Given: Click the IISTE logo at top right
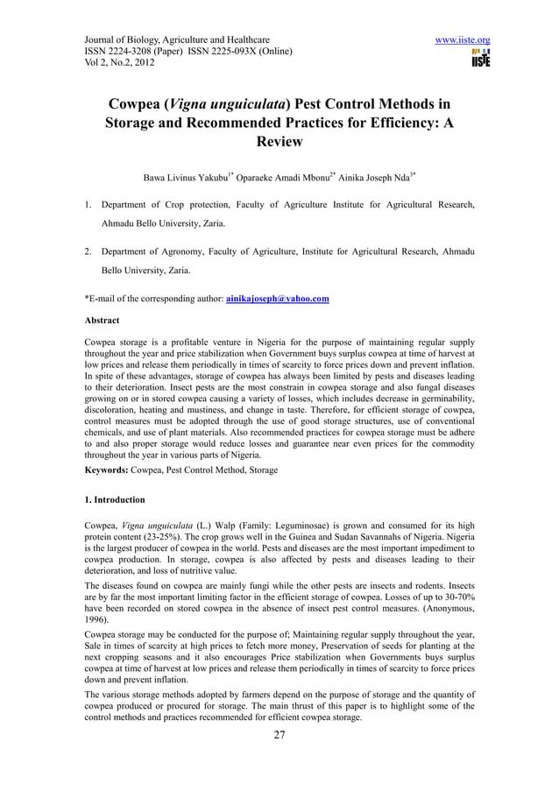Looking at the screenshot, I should pyautogui.click(x=480, y=59).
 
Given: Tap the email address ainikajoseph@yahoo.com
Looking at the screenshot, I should pyautogui.click(x=278, y=299).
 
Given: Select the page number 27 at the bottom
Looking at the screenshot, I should pyautogui.click(x=279, y=734).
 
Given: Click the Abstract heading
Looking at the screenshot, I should pyautogui.click(x=102, y=321).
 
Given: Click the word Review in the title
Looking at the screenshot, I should pyautogui.click(x=279, y=142).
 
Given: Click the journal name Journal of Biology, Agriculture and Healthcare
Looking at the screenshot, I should pyautogui.click(x=176, y=40).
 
